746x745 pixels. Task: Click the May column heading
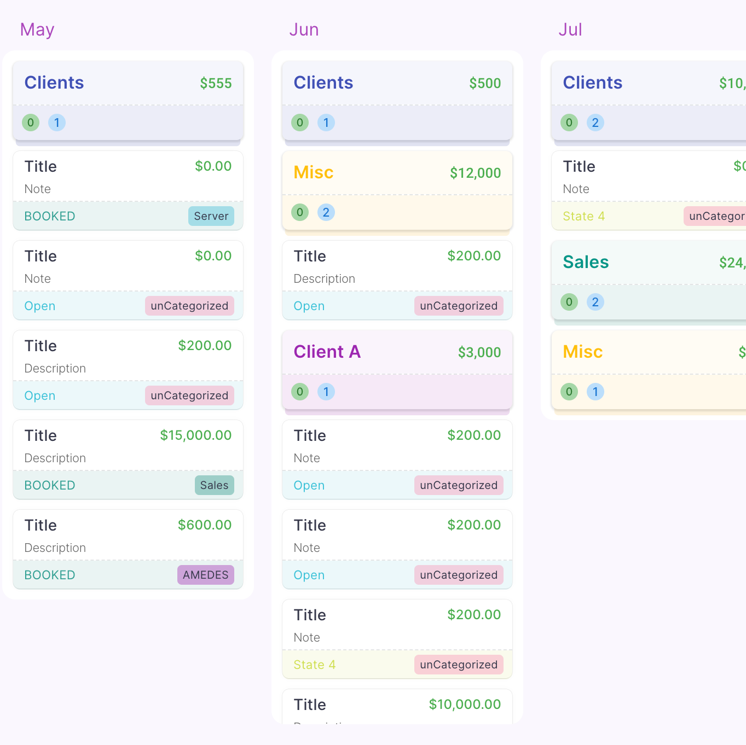point(37,30)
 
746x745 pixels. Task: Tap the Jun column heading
point(304,30)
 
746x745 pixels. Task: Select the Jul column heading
point(570,30)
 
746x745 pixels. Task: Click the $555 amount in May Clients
point(216,83)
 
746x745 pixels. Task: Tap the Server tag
point(211,216)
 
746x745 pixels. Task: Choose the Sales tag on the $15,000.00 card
point(214,485)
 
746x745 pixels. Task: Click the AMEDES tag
point(205,575)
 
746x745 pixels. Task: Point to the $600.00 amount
point(205,525)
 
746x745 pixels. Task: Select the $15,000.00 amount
point(195,435)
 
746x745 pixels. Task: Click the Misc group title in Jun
point(314,172)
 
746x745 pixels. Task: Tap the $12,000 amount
point(475,173)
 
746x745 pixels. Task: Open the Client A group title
point(327,352)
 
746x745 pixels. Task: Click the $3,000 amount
point(479,352)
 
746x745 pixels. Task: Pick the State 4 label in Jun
point(314,665)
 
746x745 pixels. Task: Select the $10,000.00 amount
point(465,705)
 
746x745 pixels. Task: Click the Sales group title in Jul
point(586,262)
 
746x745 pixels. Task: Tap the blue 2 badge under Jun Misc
point(326,212)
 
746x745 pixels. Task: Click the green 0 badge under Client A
point(300,392)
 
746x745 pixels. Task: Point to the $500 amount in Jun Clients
point(485,83)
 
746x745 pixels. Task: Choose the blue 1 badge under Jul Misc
point(595,392)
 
